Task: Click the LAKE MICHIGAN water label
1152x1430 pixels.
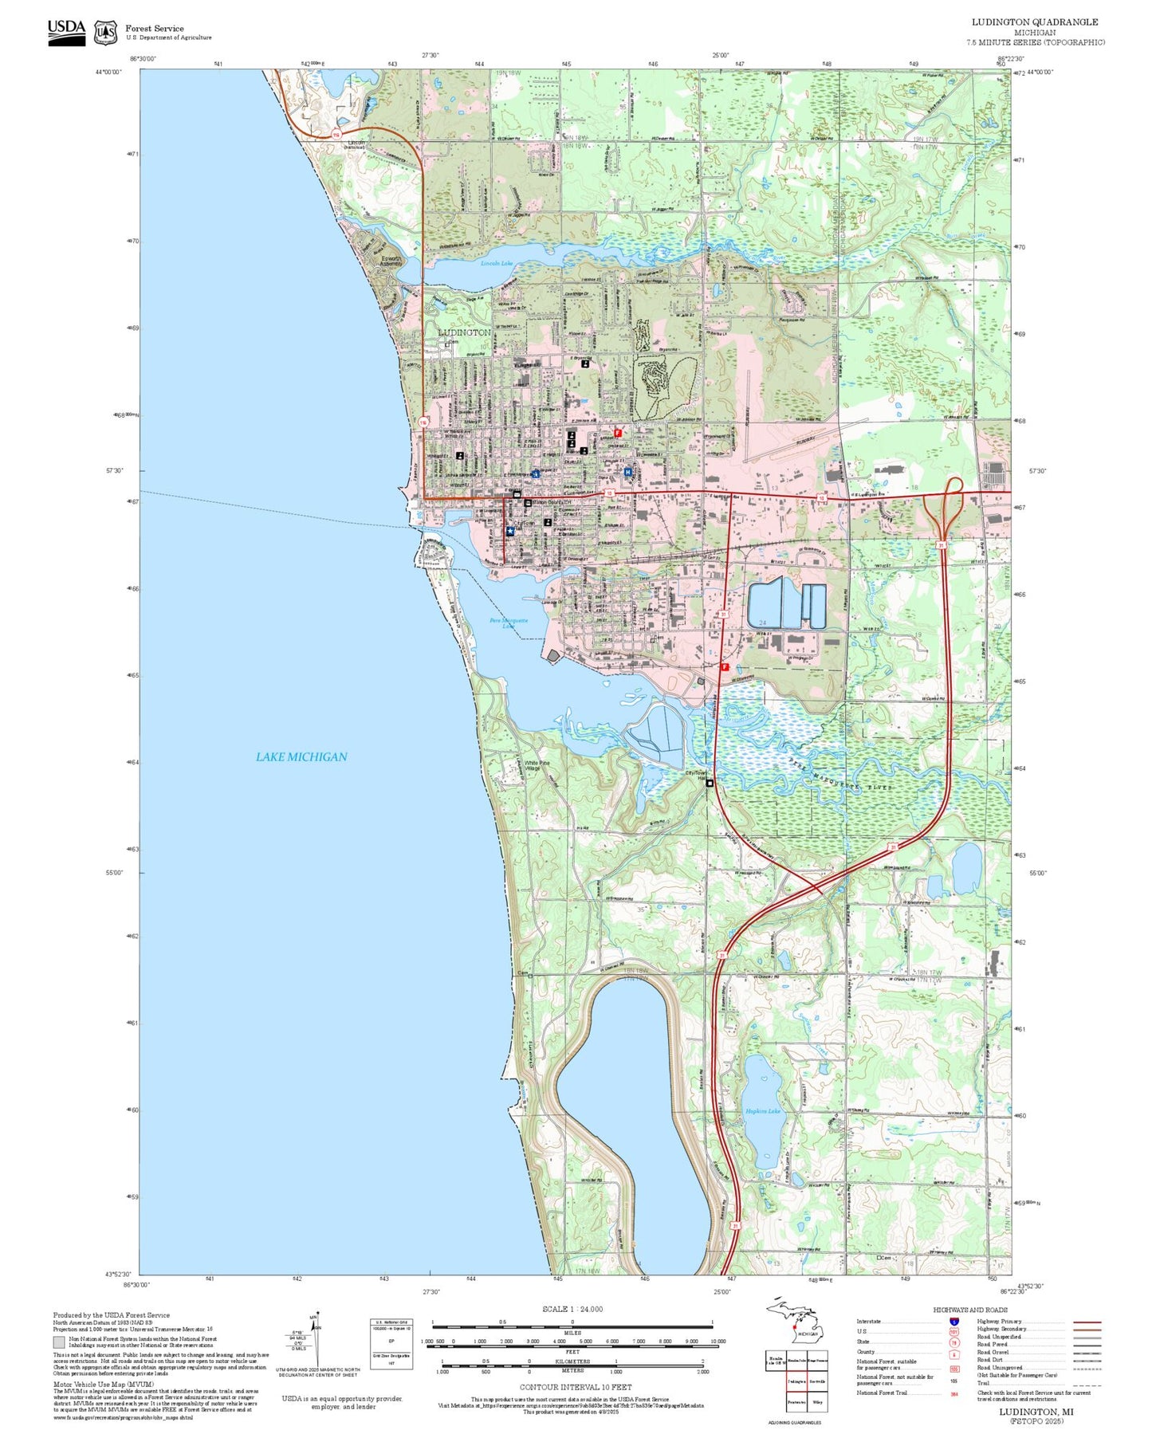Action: pyautogui.click(x=301, y=756)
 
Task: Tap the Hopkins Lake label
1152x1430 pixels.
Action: pyautogui.click(x=762, y=1110)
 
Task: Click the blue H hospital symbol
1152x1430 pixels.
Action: pyautogui.click(x=627, y=472)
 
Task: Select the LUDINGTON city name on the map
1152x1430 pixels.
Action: pyautogui.click(x=464, y=332)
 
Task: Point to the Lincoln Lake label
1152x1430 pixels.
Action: pyautogui.click(x=497, y=263)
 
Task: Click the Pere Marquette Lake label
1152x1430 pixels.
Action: pyautogui.click(x=508, y=623)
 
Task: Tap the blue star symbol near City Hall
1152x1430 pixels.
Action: pyautogui.click(x=510, y=531)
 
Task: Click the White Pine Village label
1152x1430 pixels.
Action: pyautogui.click(x=537, y=765)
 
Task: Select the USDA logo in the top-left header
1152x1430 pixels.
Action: pyautogui.click(x=66, y=32)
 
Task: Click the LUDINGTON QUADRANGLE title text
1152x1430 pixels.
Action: pyautogui.click(x=1034, y=22)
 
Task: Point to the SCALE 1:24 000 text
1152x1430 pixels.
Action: pyautogui.click(x=572, y=1309)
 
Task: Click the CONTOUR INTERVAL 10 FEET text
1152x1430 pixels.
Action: pyautogui.click(x=575, y=1387)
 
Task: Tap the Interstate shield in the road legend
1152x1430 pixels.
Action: pyautogui.click(x=953, y=1322)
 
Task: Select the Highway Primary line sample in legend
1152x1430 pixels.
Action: pyautogui.click(x=1087, y=1322)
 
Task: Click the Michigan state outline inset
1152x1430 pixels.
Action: pyautogui.click(x=797, y=1326)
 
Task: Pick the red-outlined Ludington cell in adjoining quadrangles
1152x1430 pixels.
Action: pyautogui.click(x=796, y=1381)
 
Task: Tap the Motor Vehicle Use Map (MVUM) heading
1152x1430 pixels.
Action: pyautogui.click(x=103, y=1385)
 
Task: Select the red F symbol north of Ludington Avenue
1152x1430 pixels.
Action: pyautogui.click(x=617, y=434)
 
